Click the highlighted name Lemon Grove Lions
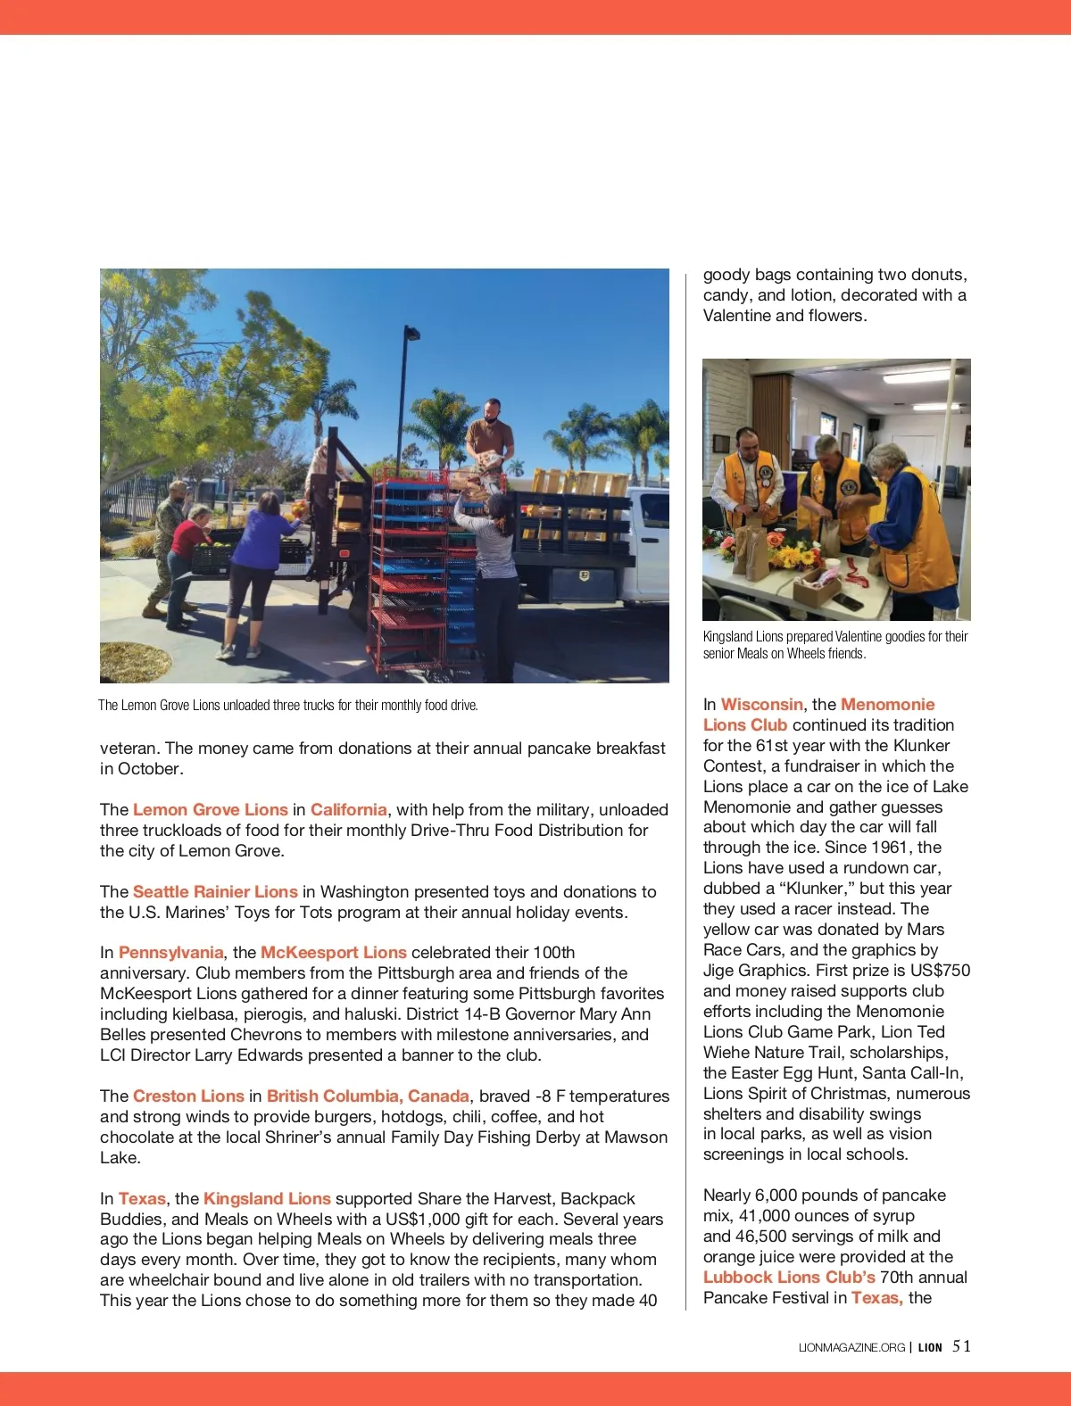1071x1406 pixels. point(210,810)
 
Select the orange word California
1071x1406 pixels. point(348,810)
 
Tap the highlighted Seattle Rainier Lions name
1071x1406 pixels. point(215,892)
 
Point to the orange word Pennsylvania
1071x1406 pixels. point(170,953)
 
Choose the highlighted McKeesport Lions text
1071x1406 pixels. point(333,953)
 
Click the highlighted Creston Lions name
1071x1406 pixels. point(188,1096)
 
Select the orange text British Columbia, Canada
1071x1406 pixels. point(368,1096)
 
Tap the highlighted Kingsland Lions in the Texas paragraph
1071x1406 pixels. point(267,1199)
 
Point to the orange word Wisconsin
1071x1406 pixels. point(761,705)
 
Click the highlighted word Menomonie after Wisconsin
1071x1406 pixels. point(887,705)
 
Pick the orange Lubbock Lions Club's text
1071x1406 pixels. point(789,1278)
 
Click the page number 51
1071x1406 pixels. point(961,1347)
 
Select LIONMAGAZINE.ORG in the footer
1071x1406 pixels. point(851,1348)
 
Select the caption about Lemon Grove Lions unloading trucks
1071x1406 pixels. point(288,706)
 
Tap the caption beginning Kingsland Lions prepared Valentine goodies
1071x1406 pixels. point(834,645)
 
